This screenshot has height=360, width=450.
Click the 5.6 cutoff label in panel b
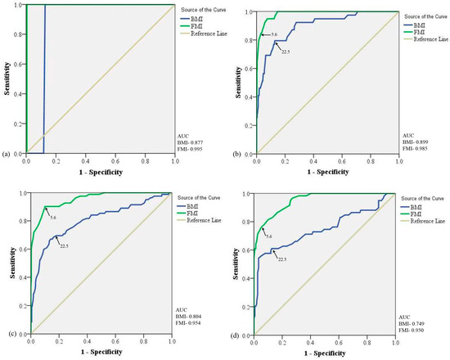tap(275, 34)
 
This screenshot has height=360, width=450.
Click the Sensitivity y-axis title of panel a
tap(7, 75)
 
